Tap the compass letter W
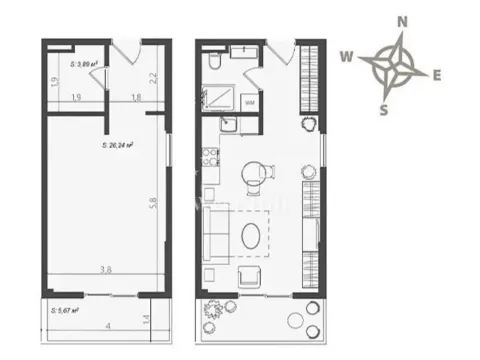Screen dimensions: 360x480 click(346, 57)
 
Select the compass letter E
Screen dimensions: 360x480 click(438, 74)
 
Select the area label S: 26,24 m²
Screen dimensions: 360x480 click(117, 145)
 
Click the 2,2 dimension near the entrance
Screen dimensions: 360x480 click(151, 78)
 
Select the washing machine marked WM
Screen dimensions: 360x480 click(248, 102)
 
